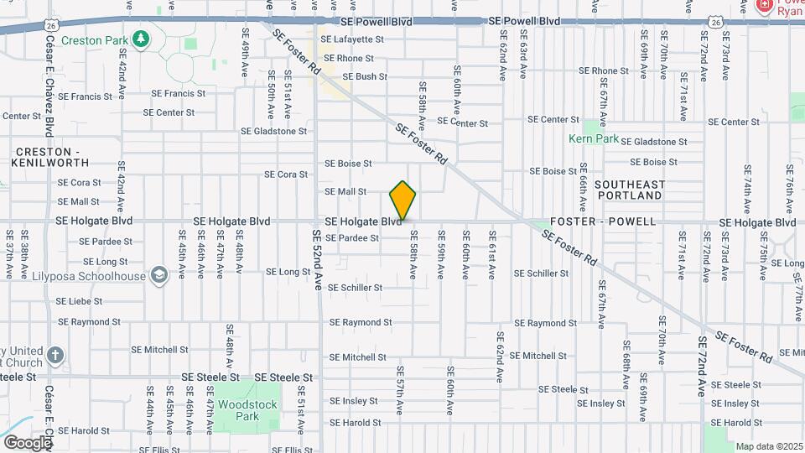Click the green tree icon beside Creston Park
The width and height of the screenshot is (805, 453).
pos(142,39)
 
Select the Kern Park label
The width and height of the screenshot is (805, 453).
pos(587,138)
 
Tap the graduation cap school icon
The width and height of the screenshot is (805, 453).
pos(158,275)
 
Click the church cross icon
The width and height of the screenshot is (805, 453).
pos(55,356)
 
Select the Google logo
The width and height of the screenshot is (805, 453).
pos(27,442)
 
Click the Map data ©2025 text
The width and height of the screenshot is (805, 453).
pos(769,446)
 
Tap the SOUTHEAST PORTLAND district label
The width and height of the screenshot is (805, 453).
pos(629,190)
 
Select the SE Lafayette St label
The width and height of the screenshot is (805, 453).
pos(353,39)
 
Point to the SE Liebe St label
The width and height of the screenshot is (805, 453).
pos(79,301)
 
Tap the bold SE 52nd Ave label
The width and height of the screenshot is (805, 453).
pos(318,259)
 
